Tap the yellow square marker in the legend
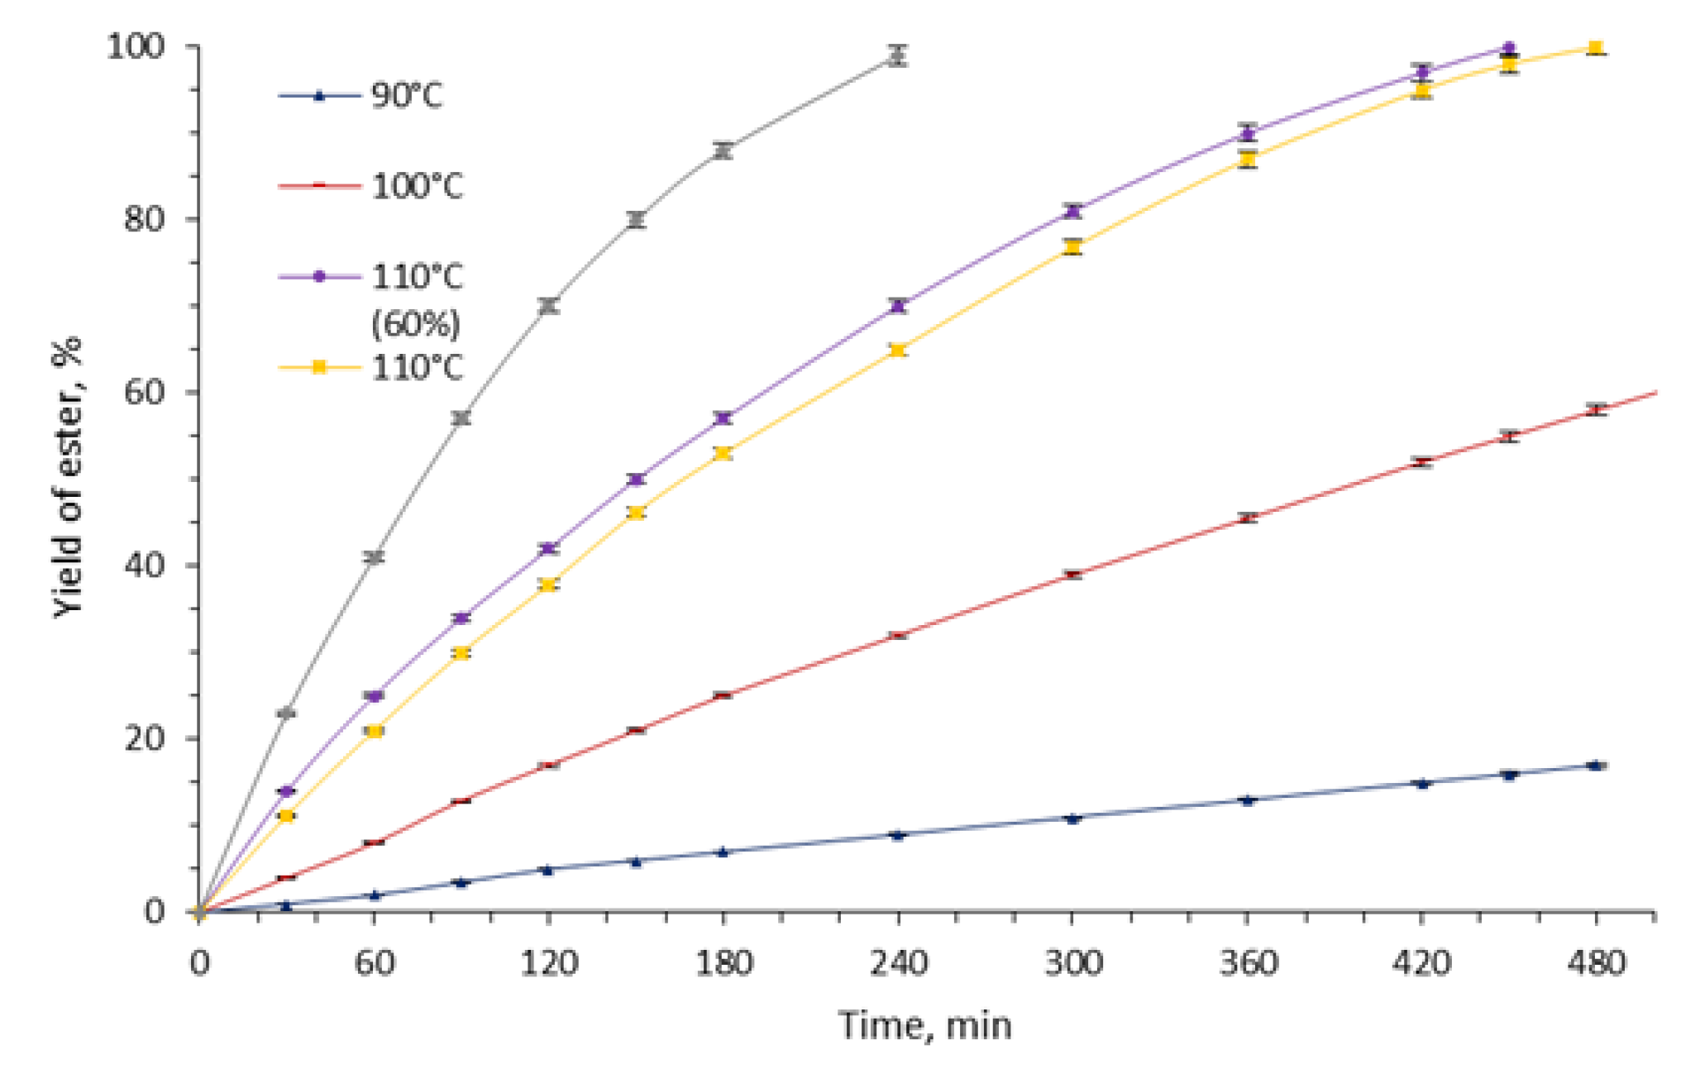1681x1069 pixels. (319, 367)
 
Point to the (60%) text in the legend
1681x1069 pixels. (415, 322)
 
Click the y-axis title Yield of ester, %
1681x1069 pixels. (69, 478)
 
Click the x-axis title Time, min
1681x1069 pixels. (924, 1025)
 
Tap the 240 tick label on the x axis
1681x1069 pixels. (898, 963)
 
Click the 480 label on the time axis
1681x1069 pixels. (1596, 963)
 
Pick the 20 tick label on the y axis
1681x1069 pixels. (145, 738)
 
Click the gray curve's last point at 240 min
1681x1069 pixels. (898, 56)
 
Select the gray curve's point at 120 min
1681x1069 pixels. (548, 306)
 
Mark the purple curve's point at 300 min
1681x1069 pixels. (1073, 211)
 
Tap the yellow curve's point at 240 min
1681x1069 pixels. (898, 350)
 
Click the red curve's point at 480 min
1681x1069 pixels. (1597, 409)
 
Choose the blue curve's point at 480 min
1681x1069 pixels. (1597, 766)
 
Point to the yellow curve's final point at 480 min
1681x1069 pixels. (1597, 48)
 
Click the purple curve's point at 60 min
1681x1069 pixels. (374, 696)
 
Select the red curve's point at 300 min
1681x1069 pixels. (1073, 575)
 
